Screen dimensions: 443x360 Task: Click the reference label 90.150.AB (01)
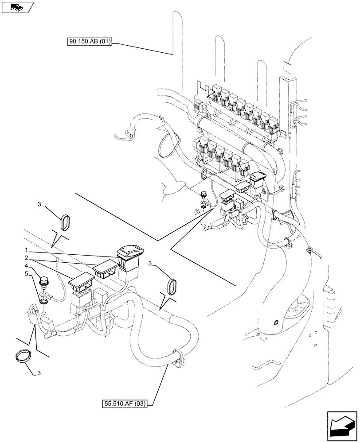[89, 42]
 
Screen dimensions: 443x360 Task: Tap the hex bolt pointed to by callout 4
[43, 282]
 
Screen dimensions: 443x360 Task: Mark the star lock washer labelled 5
[44, 301]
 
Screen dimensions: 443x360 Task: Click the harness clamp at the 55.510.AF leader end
[176, 358]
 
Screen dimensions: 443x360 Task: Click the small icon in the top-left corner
[17, 7]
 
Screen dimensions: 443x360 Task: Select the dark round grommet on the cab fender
[276, 322]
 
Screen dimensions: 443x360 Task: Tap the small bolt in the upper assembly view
[203, 194]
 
